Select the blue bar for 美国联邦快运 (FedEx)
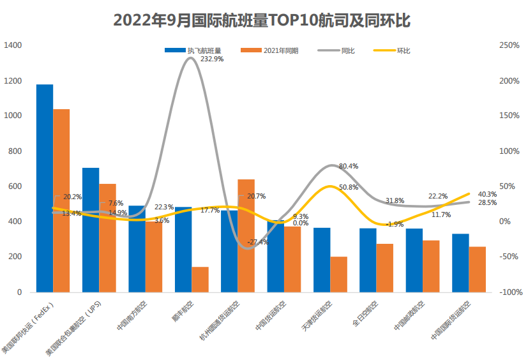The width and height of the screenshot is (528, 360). click(x=45, y=188)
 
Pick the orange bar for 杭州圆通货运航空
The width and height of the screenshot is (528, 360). click(x=246, y=236)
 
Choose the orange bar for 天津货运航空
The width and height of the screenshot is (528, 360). click(x=339, y=274)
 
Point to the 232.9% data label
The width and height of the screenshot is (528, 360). click(x=212, y=59)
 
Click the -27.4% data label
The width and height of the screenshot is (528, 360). click(x=257, y=243)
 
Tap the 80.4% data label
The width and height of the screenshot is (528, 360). click(x=349, y=166)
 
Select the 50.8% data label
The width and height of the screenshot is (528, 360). click(x=349, y=187)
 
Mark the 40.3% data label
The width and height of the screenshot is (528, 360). click(x=487, y=194)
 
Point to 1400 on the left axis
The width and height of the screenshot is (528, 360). click(x=13, y=45)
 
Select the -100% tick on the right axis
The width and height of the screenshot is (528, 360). click(x=508, y=292)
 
